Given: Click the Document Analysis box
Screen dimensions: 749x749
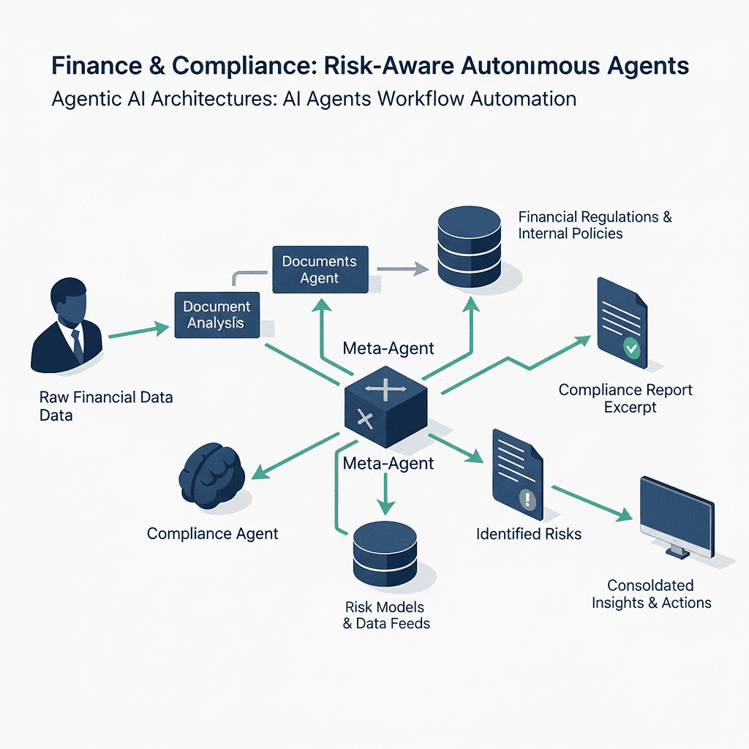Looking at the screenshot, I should (217, 315).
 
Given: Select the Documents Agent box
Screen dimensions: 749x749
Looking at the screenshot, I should (320, 269).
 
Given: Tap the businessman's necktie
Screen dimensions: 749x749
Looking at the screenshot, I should (76, 344).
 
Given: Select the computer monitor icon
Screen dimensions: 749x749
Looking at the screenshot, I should (676, 515).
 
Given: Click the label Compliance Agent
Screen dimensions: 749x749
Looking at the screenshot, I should (213, 533).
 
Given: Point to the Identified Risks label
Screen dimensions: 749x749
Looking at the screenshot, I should (528, 534).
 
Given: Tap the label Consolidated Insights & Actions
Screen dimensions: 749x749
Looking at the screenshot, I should (651, 594).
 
